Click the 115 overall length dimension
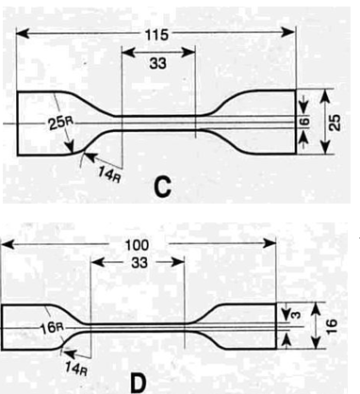pos(157,34)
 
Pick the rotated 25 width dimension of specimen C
pos(336,122)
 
